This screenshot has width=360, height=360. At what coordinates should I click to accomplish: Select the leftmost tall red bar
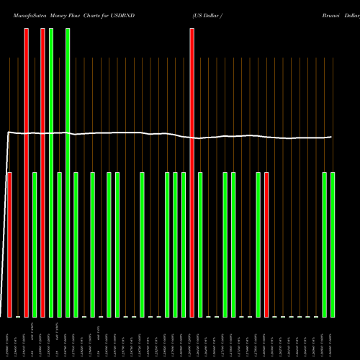tap(26, 173)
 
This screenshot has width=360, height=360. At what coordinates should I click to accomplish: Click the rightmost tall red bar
tap(192, 173)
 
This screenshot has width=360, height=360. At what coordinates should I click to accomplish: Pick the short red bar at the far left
tap(9, 245)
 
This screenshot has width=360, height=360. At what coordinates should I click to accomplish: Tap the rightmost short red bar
tap(266, 245)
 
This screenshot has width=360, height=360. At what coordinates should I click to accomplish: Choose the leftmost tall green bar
tap(51, 173)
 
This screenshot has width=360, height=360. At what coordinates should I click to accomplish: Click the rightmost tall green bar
tap(68, 173)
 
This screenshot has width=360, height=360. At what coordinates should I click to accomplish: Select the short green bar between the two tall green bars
tap(59, 245)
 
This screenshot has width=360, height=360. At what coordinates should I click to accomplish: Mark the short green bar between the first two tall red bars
tap(35, 245)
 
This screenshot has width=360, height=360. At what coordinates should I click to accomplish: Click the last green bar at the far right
tap(333, 245)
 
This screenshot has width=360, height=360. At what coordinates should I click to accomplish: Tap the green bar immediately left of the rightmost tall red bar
tap(184, 245)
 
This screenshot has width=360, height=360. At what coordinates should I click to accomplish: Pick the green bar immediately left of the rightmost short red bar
tap(258, 245)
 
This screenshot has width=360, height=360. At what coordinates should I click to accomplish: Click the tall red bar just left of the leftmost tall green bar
tap(42, 173)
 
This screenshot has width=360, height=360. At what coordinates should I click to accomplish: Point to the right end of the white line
tap(331, 137)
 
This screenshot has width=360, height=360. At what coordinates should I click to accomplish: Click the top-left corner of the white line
tap(9, 132)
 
